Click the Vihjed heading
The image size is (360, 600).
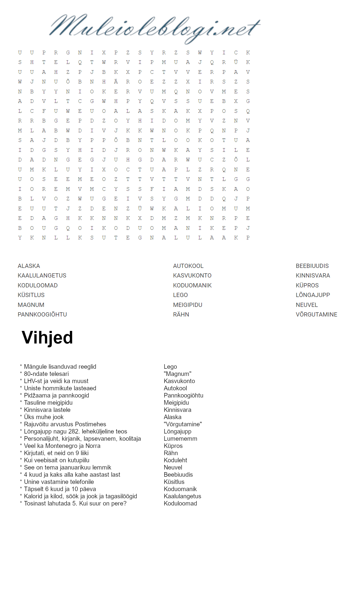coord(47,337)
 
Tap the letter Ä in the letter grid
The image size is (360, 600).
coord(116,82)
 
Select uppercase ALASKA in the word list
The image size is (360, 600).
coord(29,266)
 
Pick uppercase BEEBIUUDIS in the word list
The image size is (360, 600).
coord(312,266)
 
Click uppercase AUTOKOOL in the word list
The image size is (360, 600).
coord(188,266)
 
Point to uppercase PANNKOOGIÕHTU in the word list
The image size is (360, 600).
coord(42,314)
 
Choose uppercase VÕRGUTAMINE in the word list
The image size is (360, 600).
coord(316,314)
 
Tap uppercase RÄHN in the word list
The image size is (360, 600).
coord(181,314)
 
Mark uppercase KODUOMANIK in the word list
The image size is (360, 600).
coord(192,285)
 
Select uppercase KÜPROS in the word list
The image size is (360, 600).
coord(307,285)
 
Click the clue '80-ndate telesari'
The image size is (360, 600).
coord(46,374)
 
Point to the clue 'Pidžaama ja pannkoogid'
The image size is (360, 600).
coord(56,395)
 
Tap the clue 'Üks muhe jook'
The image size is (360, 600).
coord(44,417)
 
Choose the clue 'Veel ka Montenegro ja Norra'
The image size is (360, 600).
coord(62,446)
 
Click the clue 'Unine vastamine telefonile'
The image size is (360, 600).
coord(59,482)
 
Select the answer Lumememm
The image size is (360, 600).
coord(180,439)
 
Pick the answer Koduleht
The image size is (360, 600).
coord(175,460)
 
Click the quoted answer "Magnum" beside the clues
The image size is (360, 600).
coord(177,374)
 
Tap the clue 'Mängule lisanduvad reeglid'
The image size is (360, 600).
coord(60,367)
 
